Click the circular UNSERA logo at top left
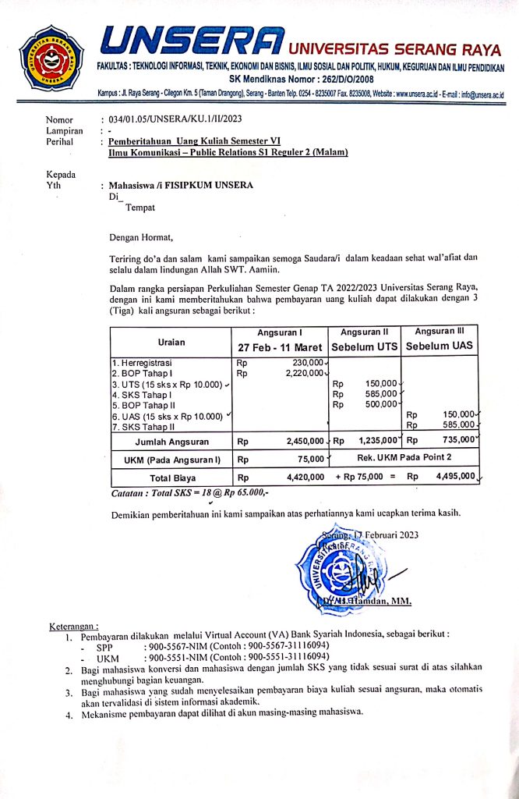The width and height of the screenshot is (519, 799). pos(51,59)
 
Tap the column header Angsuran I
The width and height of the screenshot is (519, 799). pos(281,332)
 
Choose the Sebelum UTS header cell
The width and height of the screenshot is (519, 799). pos(365,346)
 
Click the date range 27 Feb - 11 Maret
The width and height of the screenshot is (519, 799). pos(281,346)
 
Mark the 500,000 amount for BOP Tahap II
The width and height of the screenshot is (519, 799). pos(381,404)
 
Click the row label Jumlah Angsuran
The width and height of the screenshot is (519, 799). pos(171,441)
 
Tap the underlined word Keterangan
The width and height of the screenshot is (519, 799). pos(74,626)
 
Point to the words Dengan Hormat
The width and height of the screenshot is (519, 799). pos(141,237)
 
